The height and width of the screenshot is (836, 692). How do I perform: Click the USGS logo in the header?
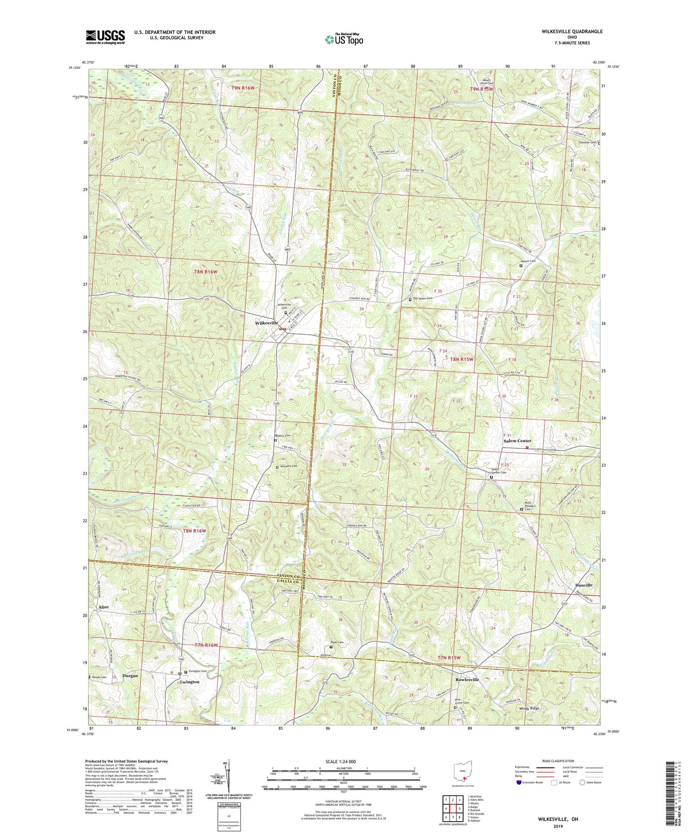pyautogui.click(x=105, y=37)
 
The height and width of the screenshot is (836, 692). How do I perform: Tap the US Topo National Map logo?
pyautogui.click(x=344, y=39)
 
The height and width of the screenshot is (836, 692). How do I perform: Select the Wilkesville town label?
pyautogui.click(x=266, y=323)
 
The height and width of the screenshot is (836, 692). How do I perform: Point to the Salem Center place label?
pyautogui.click(x=517, y=441)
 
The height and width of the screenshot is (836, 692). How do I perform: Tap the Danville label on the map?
pyautogui.click(x=583, y=585)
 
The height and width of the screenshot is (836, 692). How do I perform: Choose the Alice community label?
pyautogui.click(x=103, y=607)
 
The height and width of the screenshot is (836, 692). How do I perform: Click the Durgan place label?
pyautogui.click(x=130, y=676)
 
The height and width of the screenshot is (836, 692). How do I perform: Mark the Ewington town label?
pyautogui.click(x=190, y=682)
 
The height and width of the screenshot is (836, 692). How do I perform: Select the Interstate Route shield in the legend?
pyautogui.click(x=519, y=782)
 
